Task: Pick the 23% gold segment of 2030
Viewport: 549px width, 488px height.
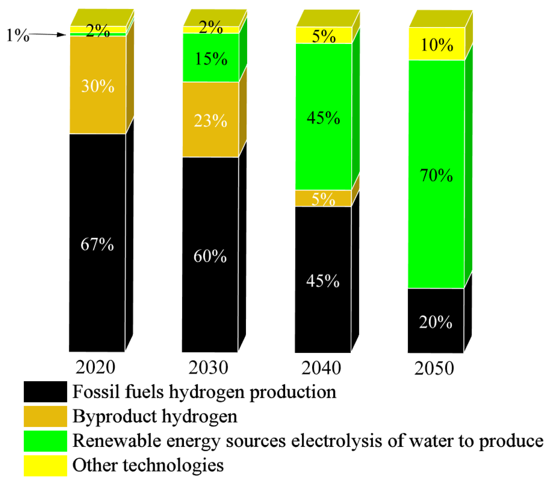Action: tap(210, 120)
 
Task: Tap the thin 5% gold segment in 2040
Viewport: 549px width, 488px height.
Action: tap(323, 198)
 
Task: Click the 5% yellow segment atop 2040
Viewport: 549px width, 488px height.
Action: tap(324, 36)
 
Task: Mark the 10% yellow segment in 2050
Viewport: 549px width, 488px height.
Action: tap(437, 44)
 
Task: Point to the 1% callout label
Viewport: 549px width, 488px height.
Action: tap(18, 35)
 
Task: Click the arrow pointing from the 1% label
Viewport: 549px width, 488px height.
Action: tap(47, 35)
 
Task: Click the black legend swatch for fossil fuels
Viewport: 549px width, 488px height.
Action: tap(45, 392)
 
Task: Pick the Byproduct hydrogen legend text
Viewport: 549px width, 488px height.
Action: tap(155, 416)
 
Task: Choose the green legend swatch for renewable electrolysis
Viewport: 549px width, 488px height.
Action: tap(45, 441)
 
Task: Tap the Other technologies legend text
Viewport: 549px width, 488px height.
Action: tap(148, 465)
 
